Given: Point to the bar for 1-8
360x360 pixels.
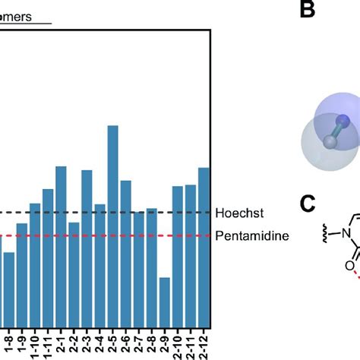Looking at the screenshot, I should point(9,289).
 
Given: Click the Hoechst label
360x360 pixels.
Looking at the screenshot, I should point(236,213).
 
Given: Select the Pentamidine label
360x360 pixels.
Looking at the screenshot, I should point(251,236).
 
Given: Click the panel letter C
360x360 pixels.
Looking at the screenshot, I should point(306,204).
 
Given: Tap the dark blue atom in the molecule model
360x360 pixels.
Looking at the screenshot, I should point(343,119).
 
